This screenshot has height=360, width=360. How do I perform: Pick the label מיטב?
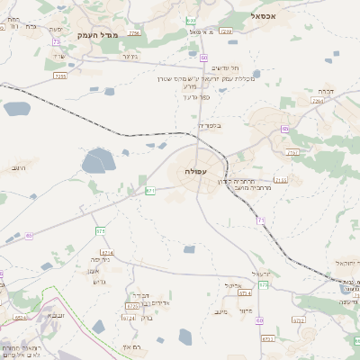pos(220,312)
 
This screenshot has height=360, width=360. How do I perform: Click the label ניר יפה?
pos(100,259)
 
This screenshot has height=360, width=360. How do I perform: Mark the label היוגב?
pos(19,168)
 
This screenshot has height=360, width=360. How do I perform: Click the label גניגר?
pos(130,57)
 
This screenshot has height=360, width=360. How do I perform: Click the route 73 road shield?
pos(57,41)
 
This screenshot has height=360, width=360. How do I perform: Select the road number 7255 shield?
pos(60,76)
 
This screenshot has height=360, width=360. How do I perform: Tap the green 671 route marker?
pos(150,190)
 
